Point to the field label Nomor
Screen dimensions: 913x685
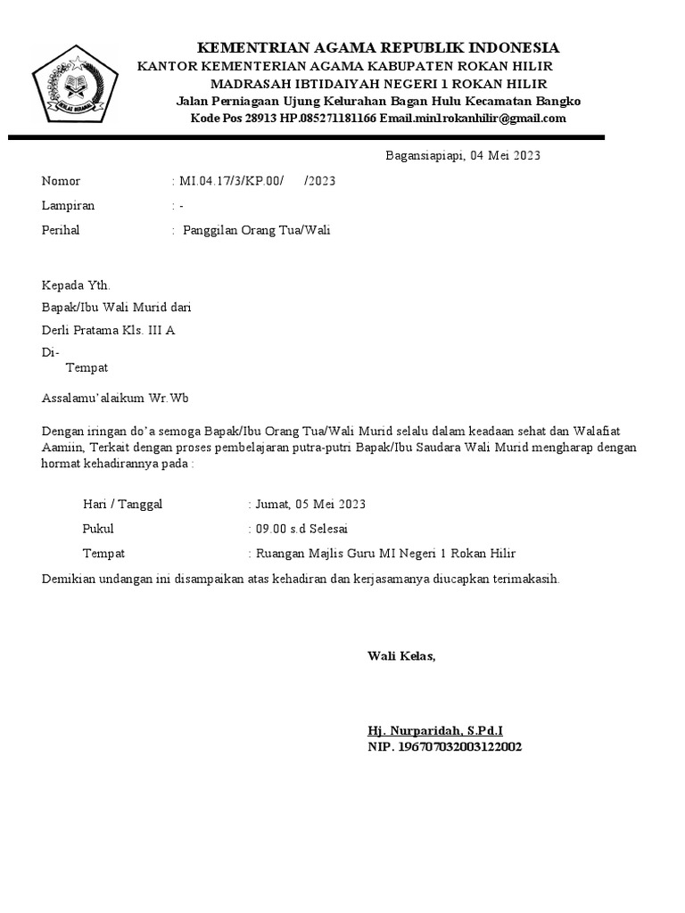(61, 181)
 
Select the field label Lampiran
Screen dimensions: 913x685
(68, 205)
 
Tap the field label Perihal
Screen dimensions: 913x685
(61, 230)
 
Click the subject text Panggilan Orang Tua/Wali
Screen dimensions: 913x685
(257, 230)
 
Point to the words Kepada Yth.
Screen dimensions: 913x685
(76, 285)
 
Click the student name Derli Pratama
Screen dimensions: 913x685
(80, 330)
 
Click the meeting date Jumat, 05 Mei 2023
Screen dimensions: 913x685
(310, 504)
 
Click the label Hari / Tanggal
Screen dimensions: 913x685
(122, 504)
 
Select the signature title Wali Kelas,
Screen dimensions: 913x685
(401, 656)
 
